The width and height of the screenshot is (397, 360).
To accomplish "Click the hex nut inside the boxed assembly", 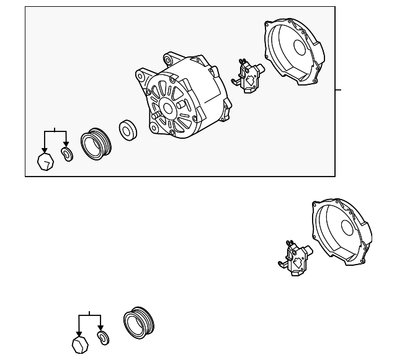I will point(45,162).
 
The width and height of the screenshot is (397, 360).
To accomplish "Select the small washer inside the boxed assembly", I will point(66,154).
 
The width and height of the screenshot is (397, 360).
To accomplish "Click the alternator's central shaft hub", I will point(166,109).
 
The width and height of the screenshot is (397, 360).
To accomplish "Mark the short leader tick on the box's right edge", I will point(338,90).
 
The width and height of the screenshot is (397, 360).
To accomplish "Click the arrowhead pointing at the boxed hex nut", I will point(44,151).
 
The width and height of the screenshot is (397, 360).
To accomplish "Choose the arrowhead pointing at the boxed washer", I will point(66,146).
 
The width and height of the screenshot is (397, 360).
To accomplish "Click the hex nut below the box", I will point(79,346).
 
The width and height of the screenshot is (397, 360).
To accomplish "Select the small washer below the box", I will point(102,338).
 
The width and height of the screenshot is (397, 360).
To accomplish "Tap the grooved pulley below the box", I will point(138,323).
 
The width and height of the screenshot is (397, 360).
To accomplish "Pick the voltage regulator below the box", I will point(295,255).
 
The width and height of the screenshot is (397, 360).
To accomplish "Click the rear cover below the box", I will point(342,233).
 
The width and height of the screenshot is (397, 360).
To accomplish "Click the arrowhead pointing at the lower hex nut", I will point(79,334).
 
